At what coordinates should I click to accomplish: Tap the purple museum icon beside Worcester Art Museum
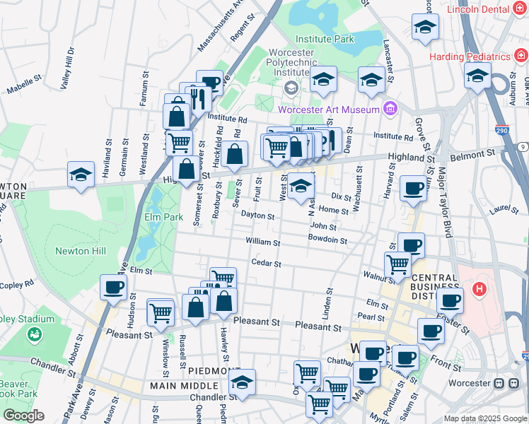tap(388, 108)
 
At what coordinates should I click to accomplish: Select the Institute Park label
tap(325, 40)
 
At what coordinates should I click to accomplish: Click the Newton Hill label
tap(82, 251)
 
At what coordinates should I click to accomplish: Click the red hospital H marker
tap(479, 289)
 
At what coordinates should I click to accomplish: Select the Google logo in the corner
tap(23, 416)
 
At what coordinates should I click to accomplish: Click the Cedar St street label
tap(267, 264)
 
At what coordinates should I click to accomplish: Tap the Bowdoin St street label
tap(327, 240)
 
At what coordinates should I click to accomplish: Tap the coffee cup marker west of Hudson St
tap(113, 288)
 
